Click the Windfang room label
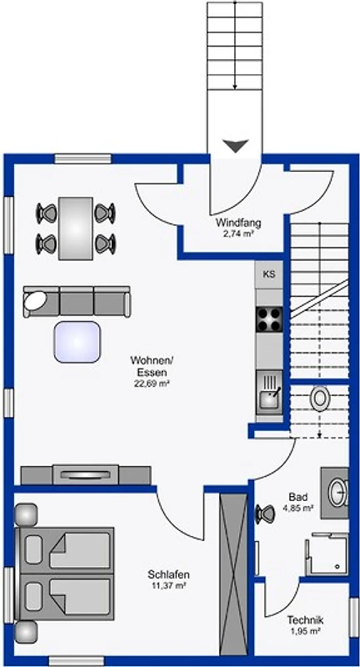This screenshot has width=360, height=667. pyautogui.click(x=238, y=223)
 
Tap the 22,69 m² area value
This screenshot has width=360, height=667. pyautogui.click(x=152, y=384)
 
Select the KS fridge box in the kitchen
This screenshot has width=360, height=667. pyautogui.click(x=268, y=275)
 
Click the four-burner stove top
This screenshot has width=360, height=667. pyautogui.click(x=269, y=319)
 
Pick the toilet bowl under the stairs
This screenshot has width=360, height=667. pyautogui.click(x=319, y=399)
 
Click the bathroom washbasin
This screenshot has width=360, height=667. pyautogui.click(x=337, y=493)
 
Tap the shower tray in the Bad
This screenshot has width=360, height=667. pyautogui.click(x=327, y=554)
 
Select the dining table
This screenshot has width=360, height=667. pyautogui.click(x=76, y=228)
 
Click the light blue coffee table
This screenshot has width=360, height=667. pyautogui.click(x=77, y=342)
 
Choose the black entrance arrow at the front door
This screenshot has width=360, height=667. pyautogui.click(x=235, y=146)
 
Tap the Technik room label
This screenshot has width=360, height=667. pyautogui.click(x=305, y=619)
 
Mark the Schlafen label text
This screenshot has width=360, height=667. pyautogui.click(x=168, y=574)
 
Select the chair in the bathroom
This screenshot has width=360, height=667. pyautogui.click(x=265, y=514)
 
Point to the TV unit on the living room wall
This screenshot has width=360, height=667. pyautogui.click(x=86, y=474)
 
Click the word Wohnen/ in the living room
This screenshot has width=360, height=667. pyautogui.click(x=152, y=361)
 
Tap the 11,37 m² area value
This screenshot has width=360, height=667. pyautogui.click(x=168, y=586)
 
